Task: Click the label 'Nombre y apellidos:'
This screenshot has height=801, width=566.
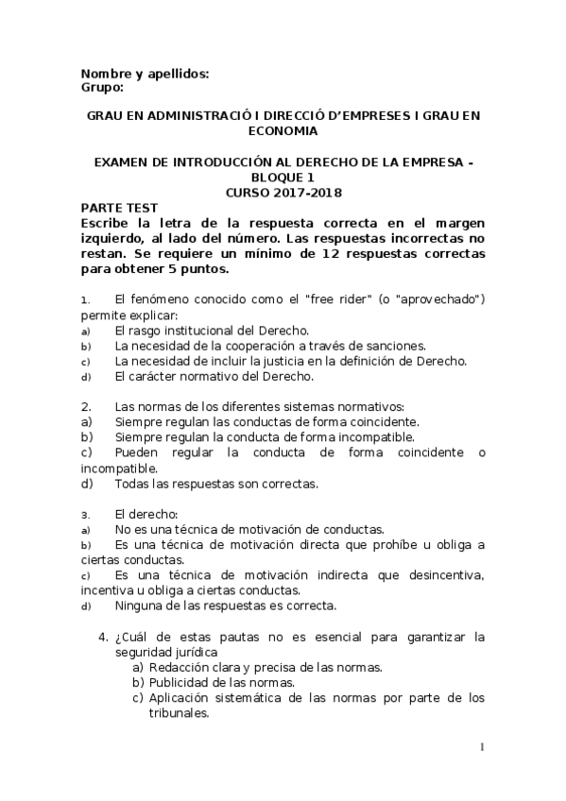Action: coord(145,73)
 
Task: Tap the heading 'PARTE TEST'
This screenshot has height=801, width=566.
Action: coord(119,207)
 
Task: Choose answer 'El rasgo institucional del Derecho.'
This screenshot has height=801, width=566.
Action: coord(212,330)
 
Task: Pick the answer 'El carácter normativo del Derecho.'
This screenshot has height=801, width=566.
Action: coord(214,376)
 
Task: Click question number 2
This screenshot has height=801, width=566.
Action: coord(85,406)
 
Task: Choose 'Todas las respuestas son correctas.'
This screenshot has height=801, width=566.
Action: coord(216,484)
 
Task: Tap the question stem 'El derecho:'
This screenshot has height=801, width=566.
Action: coord(146,514)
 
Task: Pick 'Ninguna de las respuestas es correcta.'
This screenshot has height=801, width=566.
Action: coord(225,605)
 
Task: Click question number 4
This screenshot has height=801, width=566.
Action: coord(104,637)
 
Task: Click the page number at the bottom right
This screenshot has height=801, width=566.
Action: coord(483,749)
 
